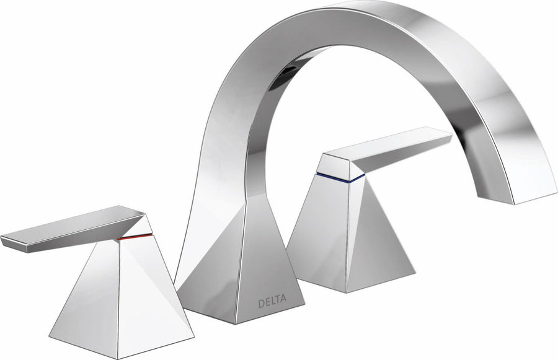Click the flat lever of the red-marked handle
click(x=74, y=225)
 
